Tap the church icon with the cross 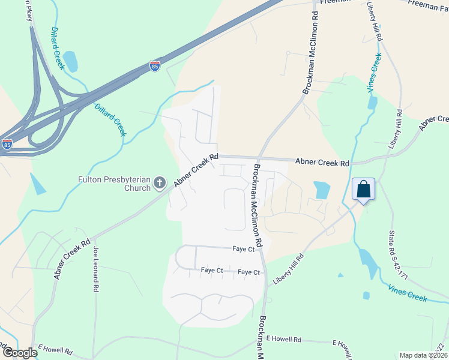tap(160, 182)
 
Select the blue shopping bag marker tap(363, 189)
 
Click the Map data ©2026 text tap(423, 355)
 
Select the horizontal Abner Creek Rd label tap(322, 162)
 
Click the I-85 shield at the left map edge tap(7, 145)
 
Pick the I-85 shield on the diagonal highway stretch tap(155, 65)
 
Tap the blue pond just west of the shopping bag tap(322, 190)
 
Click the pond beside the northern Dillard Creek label tap(70, 61)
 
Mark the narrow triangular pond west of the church tap(37, 184)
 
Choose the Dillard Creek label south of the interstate tap(110, 118)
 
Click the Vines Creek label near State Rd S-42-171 tap(407, 293)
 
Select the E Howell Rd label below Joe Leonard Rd tap(55, 348)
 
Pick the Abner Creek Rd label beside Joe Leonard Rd tap(71, 258)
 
